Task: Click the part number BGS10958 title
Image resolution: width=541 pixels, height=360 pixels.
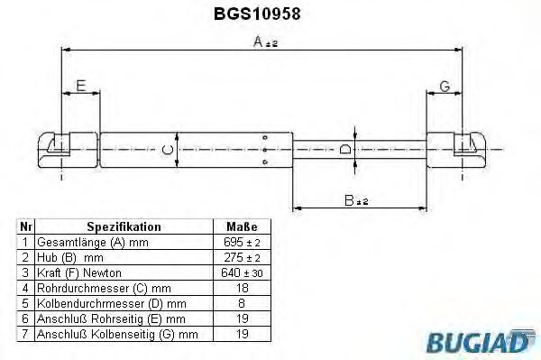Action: pos(270,14)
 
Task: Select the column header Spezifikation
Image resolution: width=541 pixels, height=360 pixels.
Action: pos(124,226)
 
